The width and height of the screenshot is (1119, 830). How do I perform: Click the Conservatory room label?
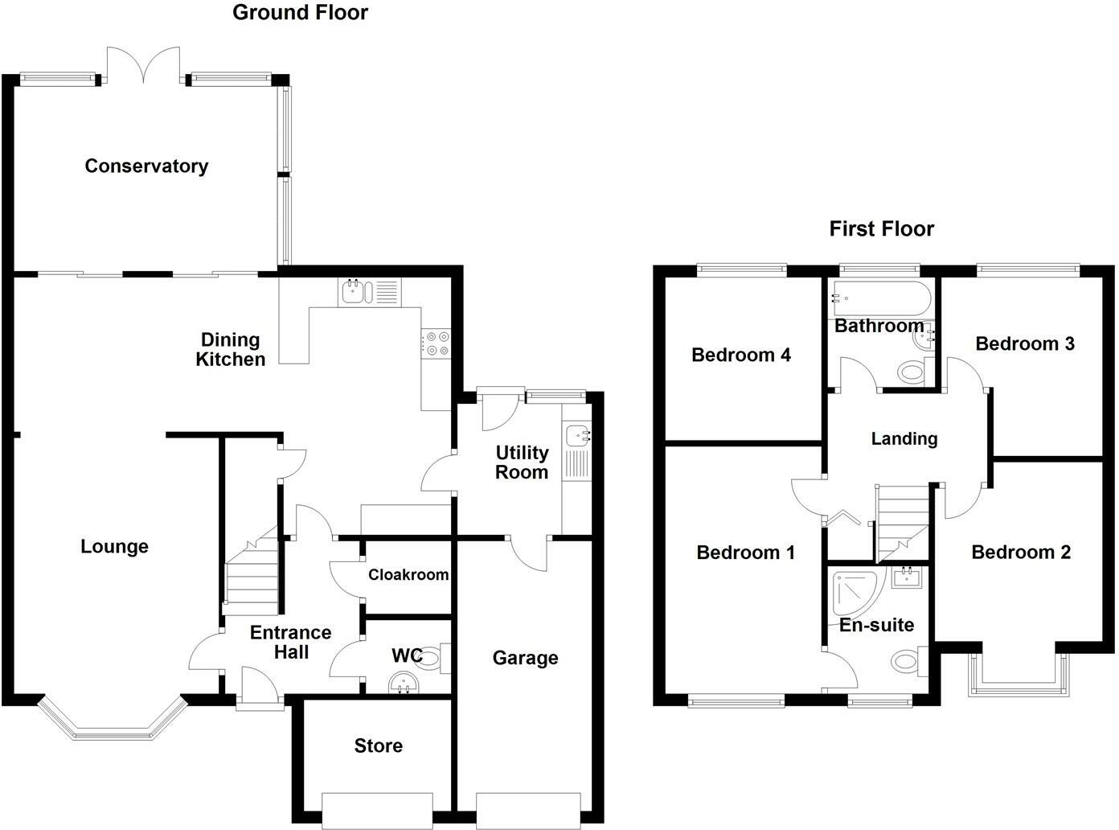pos(146,166)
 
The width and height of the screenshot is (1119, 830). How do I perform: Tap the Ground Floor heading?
pos(300,13)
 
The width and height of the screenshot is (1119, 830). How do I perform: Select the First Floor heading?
pos(881,228)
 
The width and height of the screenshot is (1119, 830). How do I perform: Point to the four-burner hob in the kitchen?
pos(436,343)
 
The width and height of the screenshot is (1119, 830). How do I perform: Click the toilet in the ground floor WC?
pos(432,658)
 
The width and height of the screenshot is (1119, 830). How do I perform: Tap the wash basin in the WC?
pos(404,683)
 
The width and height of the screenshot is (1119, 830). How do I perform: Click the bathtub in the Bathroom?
pos(881,299)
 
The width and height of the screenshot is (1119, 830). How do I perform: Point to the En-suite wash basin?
pos(907,577)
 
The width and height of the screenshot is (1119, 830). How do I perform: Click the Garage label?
pos(525,658)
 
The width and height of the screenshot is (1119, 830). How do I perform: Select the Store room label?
pos(379,746)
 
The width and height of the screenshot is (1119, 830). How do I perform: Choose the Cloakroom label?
pos(408,574)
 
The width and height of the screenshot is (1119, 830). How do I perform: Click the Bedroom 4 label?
pos(740,355)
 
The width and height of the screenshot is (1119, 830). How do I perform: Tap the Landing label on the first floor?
pos(904,438)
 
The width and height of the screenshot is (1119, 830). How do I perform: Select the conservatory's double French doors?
pos(144,64)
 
